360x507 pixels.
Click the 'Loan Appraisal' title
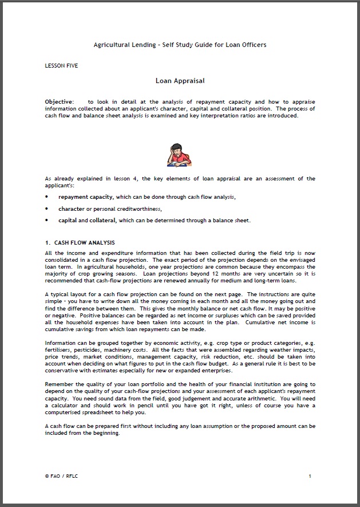tap(180, 81)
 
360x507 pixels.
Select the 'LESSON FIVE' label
tap(61, 66)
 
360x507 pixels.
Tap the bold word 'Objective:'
tap(60, 101)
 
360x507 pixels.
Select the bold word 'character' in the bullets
tap(71, 209)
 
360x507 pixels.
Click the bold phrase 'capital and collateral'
tap(88, 221)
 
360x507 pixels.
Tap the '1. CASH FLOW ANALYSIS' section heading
tap(80, 243)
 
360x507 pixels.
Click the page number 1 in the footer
tap(310, 476)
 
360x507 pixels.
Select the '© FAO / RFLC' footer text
tap(61, 476)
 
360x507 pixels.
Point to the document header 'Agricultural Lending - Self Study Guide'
tap(180, 45)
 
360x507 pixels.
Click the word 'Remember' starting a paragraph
tap(59, 384)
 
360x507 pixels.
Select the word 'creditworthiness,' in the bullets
tap(131, 209)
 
